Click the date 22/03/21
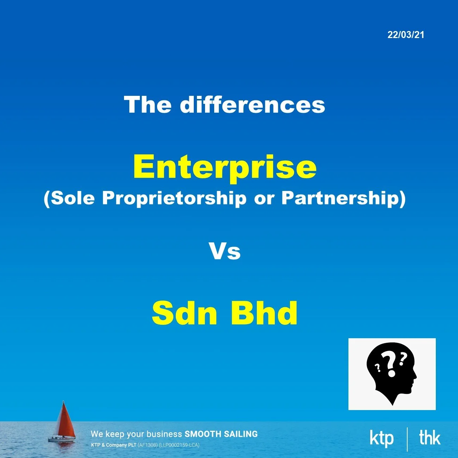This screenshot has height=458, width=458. pyautogui.click(x=406, y=35)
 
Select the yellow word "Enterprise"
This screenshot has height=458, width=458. pyautogui.click(x=225, y=167)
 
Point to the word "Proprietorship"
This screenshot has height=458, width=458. pyautogui.click(x=174, y=198)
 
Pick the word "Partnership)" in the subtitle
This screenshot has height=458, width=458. pyautogui.click(x=343, y=198)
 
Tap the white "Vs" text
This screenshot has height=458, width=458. pyautogui.click(x=225, y=251)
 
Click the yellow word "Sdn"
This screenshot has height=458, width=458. pyautogui.click(x=184, y=313)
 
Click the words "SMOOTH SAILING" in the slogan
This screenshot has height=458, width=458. pyautogui.click(x=221, y=434)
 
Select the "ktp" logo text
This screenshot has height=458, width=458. pyautogui.click(x=382, y=438)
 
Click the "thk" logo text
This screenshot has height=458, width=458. pyautogui.click(x=429, y=438)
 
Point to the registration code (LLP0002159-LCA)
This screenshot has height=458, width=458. pyautogui.click(x=179, y=445)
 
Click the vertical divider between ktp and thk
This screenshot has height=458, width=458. pyautogui.click(x=407, y=439)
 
